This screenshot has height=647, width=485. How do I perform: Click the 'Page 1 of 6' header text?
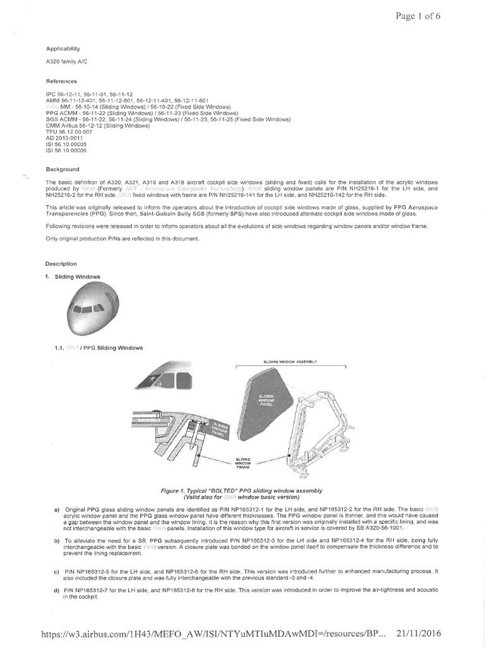click(417, 16)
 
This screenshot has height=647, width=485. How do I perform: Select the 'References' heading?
click(62, 82)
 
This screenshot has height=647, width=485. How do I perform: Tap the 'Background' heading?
click(63, 169)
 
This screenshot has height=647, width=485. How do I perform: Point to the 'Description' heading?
click(62, 263)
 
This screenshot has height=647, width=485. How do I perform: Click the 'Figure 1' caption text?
click(251, 493)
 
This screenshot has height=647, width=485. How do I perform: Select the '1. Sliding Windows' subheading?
click(73, 277)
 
